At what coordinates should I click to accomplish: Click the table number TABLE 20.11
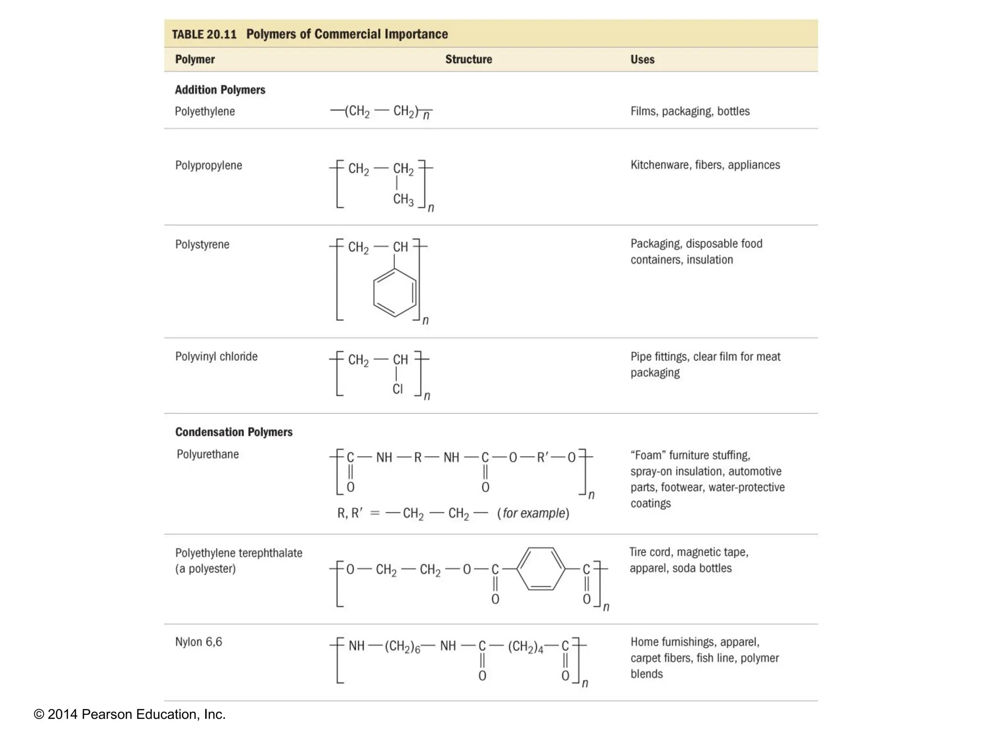(204, 35)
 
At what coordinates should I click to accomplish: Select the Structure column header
(468, 60)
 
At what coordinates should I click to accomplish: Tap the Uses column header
(642, 60)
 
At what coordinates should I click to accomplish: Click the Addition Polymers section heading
(220, 90)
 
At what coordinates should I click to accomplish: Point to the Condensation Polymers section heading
(234, 432)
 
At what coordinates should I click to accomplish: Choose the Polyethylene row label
(205, 111)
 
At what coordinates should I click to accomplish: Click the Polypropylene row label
(209, 166)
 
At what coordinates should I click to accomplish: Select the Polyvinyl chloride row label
(216, 357)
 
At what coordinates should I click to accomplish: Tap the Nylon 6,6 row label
(198, 642)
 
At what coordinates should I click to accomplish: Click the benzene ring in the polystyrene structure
(395, 293)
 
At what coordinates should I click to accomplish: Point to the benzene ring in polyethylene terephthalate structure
(541, 569)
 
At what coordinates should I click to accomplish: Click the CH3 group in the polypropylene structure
(403, 199)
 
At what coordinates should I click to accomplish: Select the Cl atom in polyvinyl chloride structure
(397, 389)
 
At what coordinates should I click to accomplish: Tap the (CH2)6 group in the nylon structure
(403, 647)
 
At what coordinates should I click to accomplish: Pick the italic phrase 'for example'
(533, 514)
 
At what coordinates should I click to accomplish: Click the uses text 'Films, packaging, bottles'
(690, 111)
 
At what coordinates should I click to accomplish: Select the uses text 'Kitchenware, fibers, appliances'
(705, 165)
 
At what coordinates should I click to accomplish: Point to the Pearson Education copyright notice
(130, 714)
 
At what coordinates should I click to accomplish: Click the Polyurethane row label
(208, 455)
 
